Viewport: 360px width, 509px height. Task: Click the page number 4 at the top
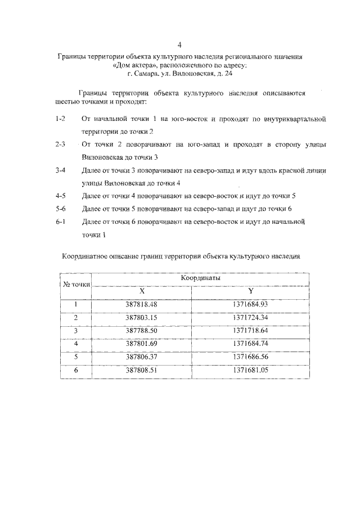pyautogui.click(x=179, y=44)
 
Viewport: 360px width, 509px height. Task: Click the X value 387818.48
pyautogui.click(x=141, y=304)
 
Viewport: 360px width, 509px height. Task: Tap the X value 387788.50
pyautogui.click(x=141, y=331)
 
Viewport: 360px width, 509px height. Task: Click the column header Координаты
pyautogui.click(x=200, y=278)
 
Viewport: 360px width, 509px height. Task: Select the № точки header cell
pyautogui.click(x=76, y=285)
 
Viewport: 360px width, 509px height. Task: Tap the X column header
pyautogui.click(x=142, y=291)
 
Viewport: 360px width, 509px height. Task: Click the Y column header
pyautogui.click(x=250, y=291)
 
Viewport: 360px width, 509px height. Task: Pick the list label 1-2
pyautogui.click(x=61, y=120)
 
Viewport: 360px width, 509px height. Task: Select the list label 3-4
pyautogui.click(x=61, y=170)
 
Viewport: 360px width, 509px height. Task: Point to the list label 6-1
pyautogui.click(x=61, y=222)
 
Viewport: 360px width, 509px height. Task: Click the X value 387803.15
pyautogui.click(x=141, y=318)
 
